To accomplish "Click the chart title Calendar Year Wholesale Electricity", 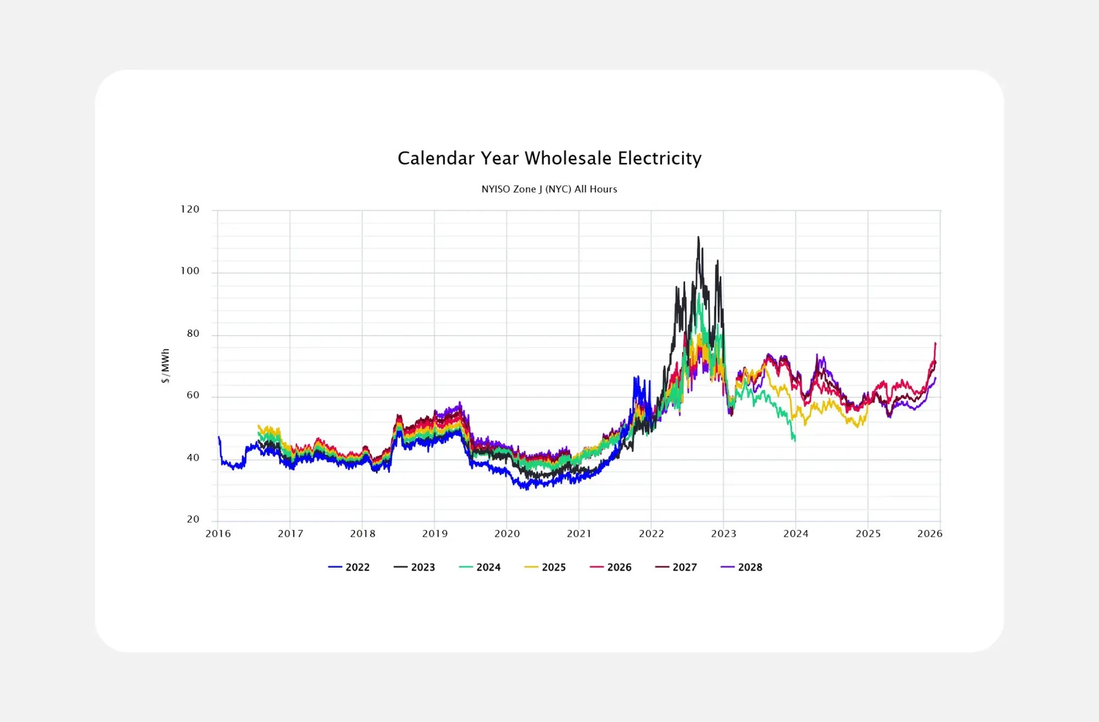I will click(x=549, y=158).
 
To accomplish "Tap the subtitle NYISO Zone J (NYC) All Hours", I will click(x=549, y=189).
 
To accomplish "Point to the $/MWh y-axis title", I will click(x=165, y=365).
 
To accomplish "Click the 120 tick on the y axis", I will click(x=190, y=209).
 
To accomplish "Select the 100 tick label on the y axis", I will click(x=190, y=271).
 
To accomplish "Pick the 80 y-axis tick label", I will click(x=193, y=334).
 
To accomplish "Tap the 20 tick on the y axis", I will click(x=193, y=519).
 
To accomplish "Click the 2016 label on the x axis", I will click(x=218, y=534).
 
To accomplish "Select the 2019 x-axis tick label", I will click(x=435, y=534).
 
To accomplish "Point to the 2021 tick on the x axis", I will click(x=579, y=534).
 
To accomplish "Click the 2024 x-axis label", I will click(x=796, y=534).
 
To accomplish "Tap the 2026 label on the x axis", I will click(x=930, y=534).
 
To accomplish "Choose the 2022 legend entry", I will click(x=349, y=567).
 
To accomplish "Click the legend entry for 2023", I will click(x=414, y=567).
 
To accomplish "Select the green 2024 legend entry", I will click(x=480, y=567).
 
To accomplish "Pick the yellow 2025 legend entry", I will click(x=545, y=567).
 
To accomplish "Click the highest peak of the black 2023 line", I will click(x=698, y=237).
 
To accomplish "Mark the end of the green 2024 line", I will click(x=795, y=440).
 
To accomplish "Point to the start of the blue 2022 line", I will click(x=219, y=437).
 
